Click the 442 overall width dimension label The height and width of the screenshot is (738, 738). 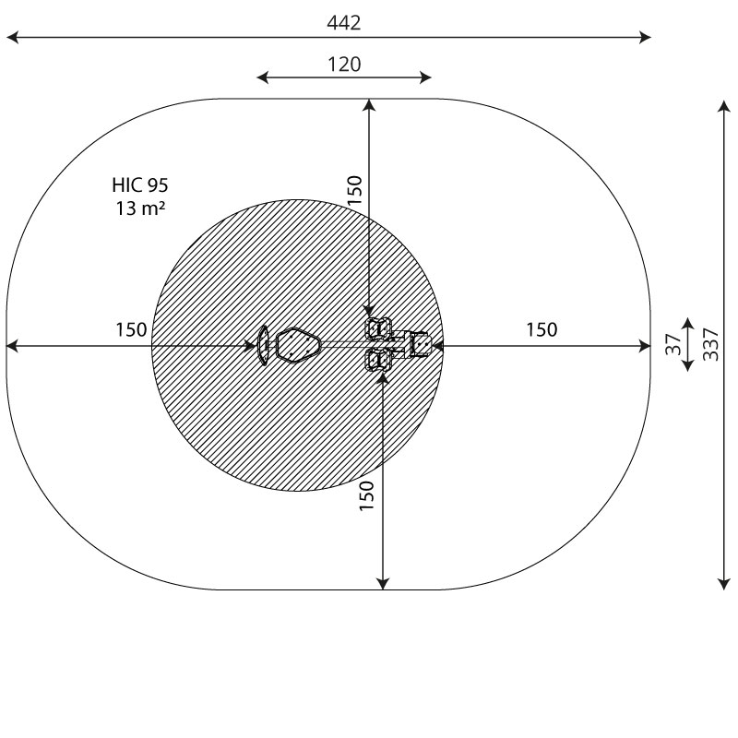[x=344, y=23]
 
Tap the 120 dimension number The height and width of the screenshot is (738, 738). [x=344, y=65]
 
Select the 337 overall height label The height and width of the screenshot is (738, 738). [x=710, y=344]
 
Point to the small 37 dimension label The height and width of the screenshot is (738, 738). [x=673, y=344]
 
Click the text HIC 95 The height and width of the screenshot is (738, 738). [x=140, y=185]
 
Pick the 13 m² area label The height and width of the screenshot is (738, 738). [x=140, y=208]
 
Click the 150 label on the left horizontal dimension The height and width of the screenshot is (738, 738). [x=131, y=330]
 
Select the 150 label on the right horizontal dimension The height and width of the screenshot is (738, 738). [x=542, y=330]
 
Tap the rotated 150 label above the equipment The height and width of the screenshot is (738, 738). [x=355, y=190]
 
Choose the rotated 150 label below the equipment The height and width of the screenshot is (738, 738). [x=366, y=495]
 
